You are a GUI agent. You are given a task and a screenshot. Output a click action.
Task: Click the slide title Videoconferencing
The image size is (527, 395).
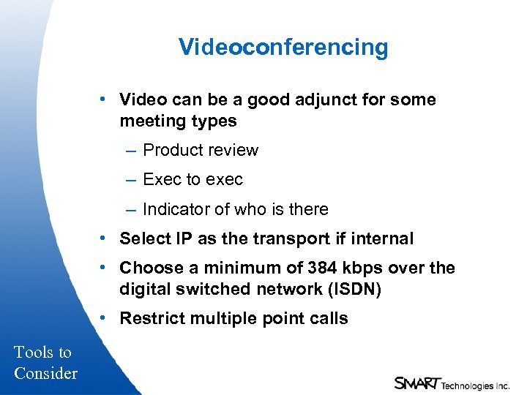pyautogui.click(x=283, y=48)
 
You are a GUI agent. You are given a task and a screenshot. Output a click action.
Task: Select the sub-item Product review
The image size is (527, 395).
pyautogui.click(x=200, y=150)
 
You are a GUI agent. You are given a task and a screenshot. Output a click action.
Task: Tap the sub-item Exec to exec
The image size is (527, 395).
pyautogui.click(x=193, y=179)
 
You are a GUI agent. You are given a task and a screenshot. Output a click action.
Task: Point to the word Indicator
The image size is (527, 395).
pyautogui.click(x=173, y=209)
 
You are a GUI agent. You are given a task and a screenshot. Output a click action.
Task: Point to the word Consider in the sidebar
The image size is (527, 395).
pyautogui.click(x=45, y=373)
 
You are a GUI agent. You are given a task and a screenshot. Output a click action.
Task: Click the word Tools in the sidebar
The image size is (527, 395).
pyautogui.click(x=34, y=352)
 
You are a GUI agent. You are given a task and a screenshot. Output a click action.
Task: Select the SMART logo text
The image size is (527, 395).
pyautogui.click(x=416, y=383)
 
